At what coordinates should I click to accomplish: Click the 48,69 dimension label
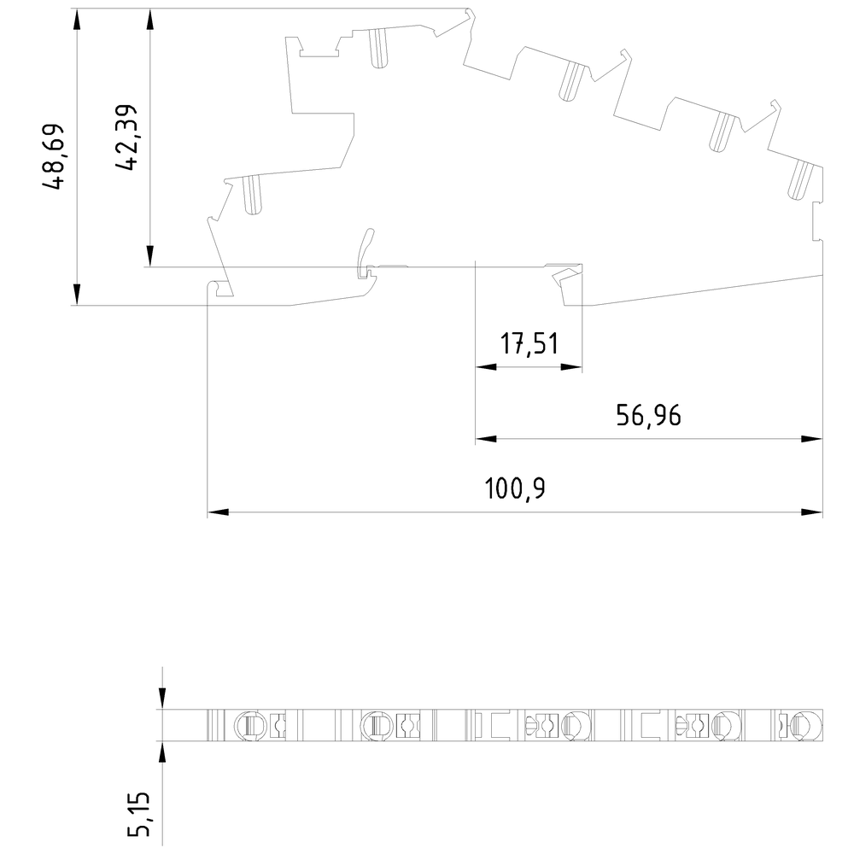tap(53, 157)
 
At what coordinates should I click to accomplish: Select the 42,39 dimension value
tap(126, 137)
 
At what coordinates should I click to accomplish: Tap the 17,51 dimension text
tap(529, 344)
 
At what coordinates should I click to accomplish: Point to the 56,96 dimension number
tap(648, 416)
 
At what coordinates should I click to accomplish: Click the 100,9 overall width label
tap(515, 488)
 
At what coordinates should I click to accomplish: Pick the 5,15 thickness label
tap(139, 814)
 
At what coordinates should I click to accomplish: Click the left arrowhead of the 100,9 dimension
tap(218, 512)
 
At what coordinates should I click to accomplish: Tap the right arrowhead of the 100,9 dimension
tap(811, 512)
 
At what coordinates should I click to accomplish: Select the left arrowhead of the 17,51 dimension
tap(486, 367)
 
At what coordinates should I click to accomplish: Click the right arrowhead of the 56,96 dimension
tap(811, 438)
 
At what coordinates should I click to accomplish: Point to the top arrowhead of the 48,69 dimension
tap(77, 20)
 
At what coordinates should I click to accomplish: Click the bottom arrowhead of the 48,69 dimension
tap(77, 295)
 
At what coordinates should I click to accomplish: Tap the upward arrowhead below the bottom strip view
tap(161, 752)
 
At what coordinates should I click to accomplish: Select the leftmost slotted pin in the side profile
tap(252, 195)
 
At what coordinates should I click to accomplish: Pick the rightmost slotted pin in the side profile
tap(801, 180)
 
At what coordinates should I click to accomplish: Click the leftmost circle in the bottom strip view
tap(250, 725)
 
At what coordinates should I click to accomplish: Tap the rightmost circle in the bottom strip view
tap(808, 725)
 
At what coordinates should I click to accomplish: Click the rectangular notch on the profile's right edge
tap(817, 221)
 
